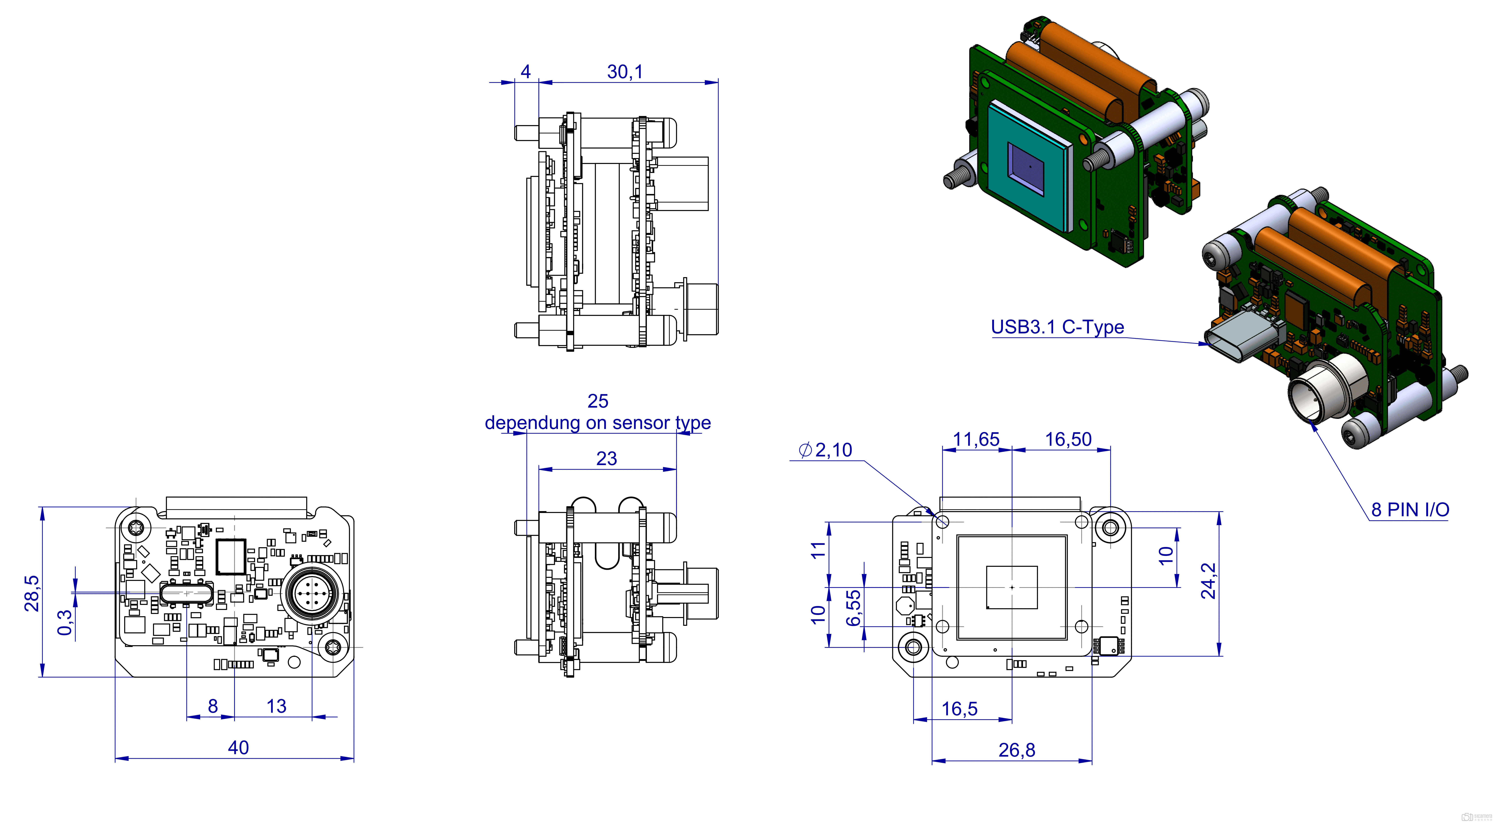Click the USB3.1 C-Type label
click(x=1057, y=327)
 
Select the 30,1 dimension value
click(x=625, y=72)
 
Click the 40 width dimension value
click(x=238, y=748)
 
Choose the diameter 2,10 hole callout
click(x=825, y=450)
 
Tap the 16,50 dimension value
click(x=1068, y=439)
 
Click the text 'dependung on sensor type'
click(x=598, y=423)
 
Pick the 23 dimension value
click(x=607, y=458)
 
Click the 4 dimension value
click(x=525, y=72)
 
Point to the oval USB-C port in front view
click(x=187, y=593)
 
